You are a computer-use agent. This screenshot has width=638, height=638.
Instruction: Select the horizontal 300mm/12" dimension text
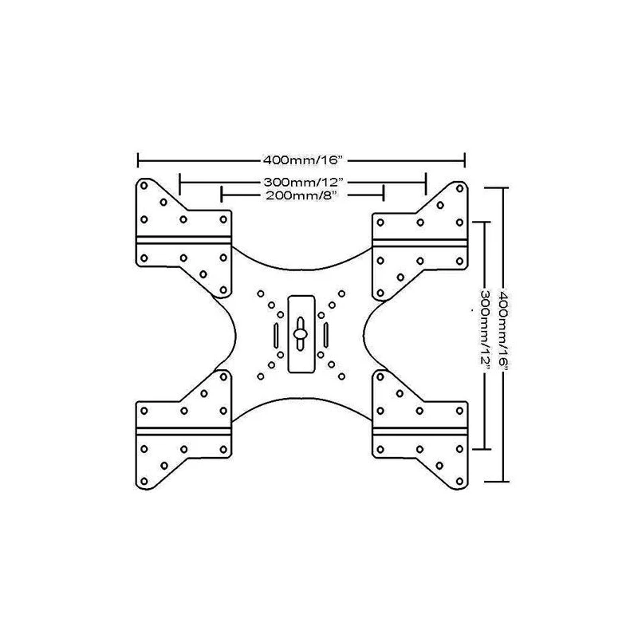(302, 183)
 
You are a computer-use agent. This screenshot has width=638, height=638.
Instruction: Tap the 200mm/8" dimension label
(302, 195)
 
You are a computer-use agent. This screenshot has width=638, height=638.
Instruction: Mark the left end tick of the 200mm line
(221, 194)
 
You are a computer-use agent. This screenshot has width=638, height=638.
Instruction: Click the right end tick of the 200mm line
(385, 194)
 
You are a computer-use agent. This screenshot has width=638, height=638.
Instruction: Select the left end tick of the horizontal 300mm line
(180, 183)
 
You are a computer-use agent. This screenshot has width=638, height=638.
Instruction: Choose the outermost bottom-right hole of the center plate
(342, 376)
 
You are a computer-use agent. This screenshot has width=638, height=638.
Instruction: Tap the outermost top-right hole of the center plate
(342, 293)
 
